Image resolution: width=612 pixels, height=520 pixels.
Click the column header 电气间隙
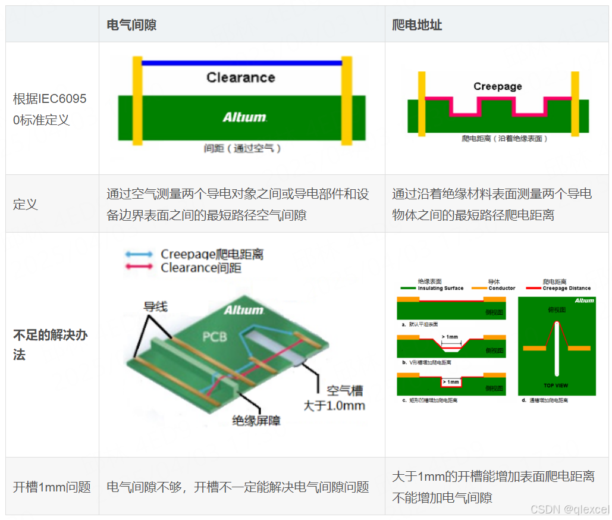click(131, 25)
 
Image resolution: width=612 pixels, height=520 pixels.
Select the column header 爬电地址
click(417, 25)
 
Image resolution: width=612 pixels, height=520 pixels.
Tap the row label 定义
click(26, 204)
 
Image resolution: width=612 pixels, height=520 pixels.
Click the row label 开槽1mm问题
click(52, 487)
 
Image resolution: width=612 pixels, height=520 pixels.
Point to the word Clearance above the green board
click(241, 77)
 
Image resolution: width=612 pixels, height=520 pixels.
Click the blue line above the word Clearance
click(241, 62)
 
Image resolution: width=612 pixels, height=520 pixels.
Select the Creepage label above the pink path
click(498, 86)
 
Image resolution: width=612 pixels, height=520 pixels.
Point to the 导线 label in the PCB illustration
click(155, 307)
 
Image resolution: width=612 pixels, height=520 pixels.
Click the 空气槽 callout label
click(345, 391)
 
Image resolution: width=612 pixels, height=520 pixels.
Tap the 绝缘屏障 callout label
click(256, 421)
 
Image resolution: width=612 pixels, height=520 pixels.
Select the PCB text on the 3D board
click(215, 336)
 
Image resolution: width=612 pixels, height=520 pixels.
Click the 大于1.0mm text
click(334, 406)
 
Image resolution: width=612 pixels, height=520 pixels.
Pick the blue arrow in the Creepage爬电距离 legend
click(139, 254)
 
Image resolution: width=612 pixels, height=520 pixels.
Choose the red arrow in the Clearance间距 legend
click(139, 268)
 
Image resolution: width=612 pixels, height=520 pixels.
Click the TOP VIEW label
click(555, 386)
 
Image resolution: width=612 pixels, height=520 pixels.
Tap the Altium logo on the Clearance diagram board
click(244, 117)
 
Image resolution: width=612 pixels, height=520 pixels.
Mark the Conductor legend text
click(501, 289)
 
